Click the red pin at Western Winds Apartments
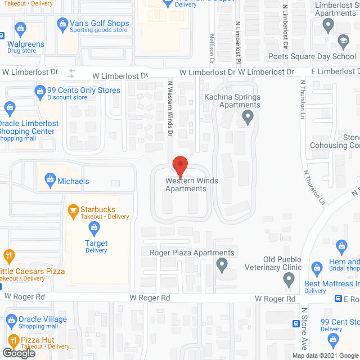point(180,165)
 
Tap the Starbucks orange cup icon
point(73,210)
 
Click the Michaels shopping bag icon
point(50,181)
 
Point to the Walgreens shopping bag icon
point(21,28)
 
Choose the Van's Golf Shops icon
point(62,24)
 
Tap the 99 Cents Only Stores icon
point(40,91)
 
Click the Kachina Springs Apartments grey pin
point(247,118)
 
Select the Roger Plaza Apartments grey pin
point(222,263)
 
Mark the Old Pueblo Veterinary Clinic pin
point(289,278)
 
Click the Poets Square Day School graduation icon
point(343,41)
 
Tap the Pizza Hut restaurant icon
point(13,340)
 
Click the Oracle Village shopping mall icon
point(11,320)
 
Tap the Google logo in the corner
point(19,353)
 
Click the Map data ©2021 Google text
point(325,355)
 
